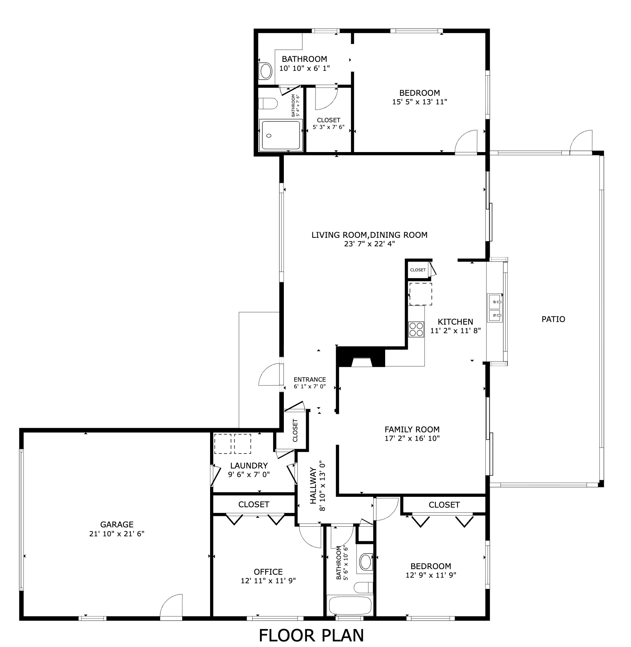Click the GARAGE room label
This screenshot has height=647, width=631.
(117, 524)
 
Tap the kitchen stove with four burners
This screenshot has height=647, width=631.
(416, 329)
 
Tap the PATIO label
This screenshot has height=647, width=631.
(553, 319)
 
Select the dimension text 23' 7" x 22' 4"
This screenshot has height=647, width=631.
(369, 244)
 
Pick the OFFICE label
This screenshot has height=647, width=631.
(268, 572)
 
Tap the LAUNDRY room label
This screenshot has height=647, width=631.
(249, 465)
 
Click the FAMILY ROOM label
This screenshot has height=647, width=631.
(412, 429)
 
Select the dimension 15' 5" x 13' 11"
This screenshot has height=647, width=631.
(419, 102)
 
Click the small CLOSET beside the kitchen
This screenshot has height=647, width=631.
(418, 270)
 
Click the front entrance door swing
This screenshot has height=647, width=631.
(269, 375)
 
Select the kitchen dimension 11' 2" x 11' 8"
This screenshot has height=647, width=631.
(456, 330)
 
